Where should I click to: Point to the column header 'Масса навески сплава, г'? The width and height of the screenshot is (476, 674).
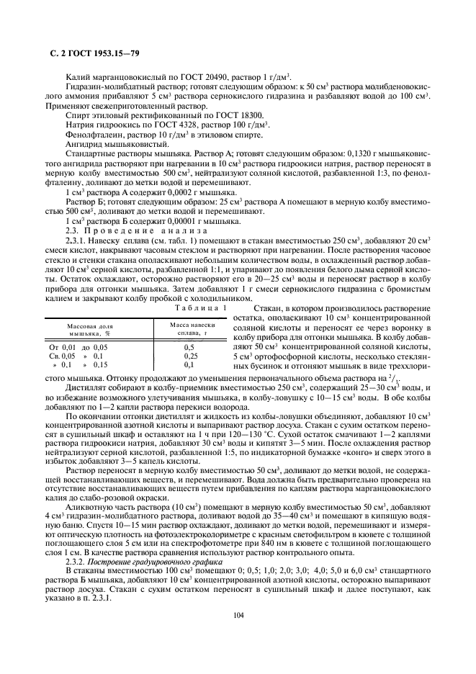point(191,330)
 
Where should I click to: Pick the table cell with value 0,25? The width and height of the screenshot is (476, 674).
point(190,356)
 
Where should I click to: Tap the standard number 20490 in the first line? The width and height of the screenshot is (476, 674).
point(203,76)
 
